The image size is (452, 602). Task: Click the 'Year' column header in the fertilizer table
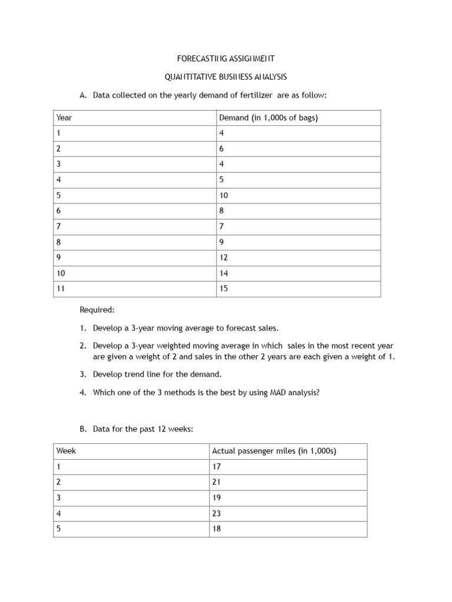point(64,118)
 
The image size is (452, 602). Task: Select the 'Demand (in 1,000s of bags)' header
point(268,118)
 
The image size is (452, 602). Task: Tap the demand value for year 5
point(224,195)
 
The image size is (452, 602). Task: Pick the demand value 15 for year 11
point(224,289)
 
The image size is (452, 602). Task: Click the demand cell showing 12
point(224,257)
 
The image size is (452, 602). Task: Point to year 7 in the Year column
point(59,226)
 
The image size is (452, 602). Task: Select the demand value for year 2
point(221,149)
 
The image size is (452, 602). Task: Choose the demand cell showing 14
point(224,273)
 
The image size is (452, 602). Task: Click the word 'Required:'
point(97,310)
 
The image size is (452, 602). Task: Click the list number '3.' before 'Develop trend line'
point(84,374)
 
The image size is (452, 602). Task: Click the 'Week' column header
point(66,451)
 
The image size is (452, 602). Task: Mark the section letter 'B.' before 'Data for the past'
point(83,429)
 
